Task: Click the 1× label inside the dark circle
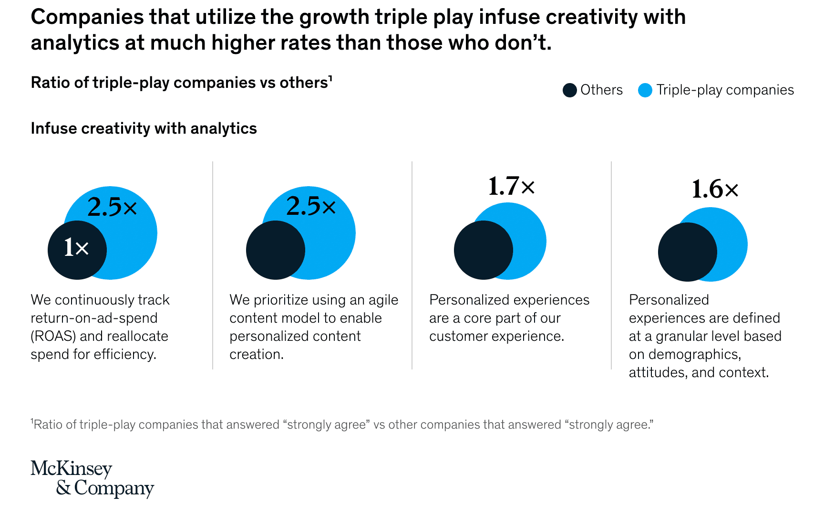tap(76, 248)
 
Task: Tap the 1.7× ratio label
tap(511, 186)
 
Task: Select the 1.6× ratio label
tap(715, 190)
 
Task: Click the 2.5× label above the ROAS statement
tap(112, 207)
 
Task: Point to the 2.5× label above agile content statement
tap(311, 206)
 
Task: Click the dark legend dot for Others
tap(569, 90)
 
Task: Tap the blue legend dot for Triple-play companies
tap(645, 90)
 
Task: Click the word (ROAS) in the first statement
tap(53, 336)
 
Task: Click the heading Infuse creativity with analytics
tap(144, 128)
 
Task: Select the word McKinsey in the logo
tap(72, 468)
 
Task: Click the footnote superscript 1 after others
tap(330, 78)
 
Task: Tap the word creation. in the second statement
tap(257, 354)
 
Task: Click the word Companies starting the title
tap(87, 17)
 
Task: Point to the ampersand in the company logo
tap(63, 487)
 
